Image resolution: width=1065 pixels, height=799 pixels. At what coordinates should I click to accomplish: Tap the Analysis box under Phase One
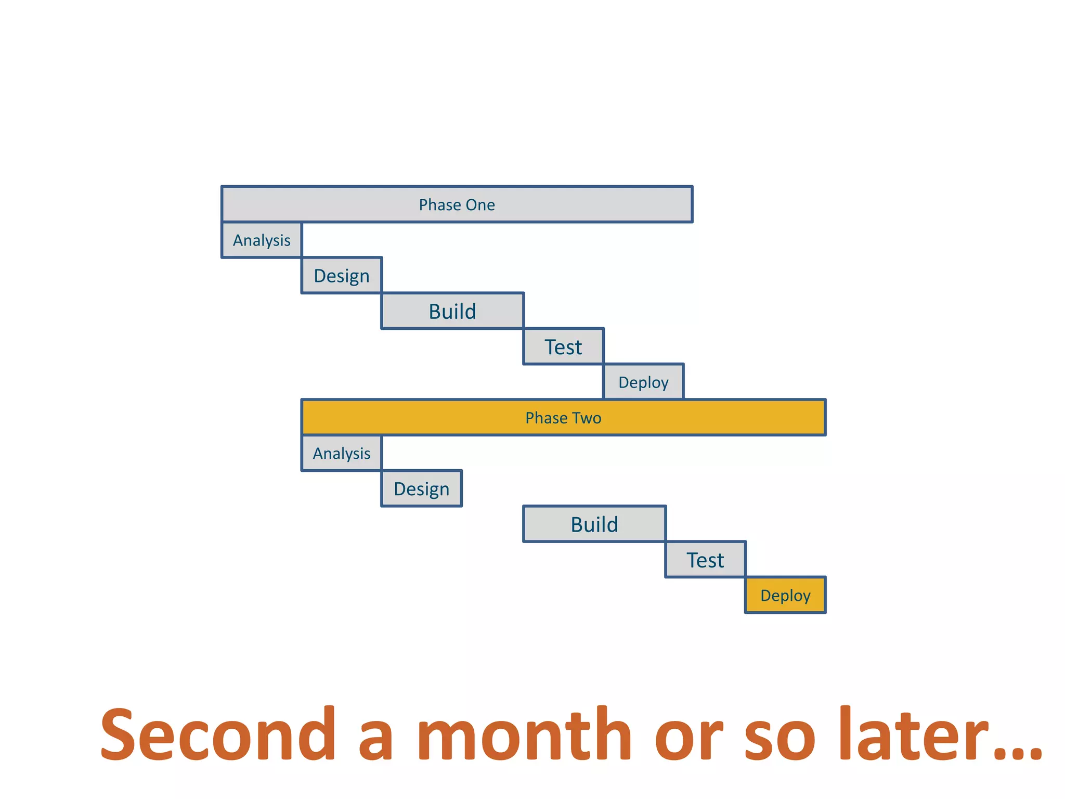pos(262,240)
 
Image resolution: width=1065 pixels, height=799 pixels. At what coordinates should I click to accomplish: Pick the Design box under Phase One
pos(342,276)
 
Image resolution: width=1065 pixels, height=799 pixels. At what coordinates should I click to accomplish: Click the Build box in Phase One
pos(452,311)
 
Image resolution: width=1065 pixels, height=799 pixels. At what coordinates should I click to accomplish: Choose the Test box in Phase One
pos(563,346)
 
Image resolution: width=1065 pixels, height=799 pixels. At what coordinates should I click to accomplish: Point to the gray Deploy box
pos(643,382)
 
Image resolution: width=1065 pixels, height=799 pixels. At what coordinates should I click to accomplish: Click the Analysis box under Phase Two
pos(342,454)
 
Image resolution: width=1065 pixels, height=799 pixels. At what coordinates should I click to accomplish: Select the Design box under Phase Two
pos(421,489)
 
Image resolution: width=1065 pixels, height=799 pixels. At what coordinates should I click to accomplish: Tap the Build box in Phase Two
pos(594,524)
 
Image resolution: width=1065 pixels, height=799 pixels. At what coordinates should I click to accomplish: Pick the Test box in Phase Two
pos(705,560)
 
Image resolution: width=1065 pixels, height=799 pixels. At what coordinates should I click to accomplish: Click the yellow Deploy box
pos(785,596)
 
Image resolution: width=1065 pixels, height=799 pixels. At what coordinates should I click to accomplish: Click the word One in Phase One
pos(480,205)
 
